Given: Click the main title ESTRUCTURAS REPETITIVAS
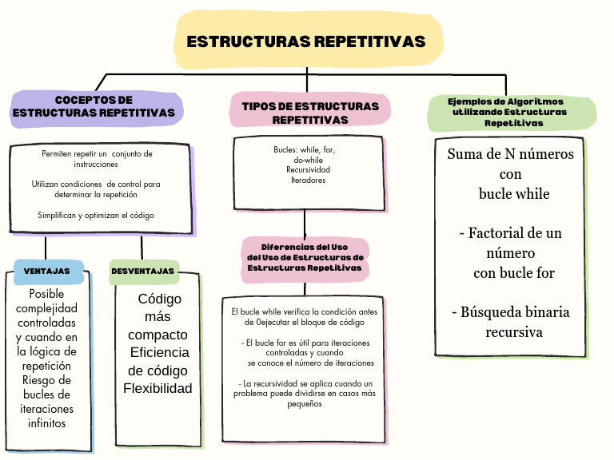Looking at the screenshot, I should (306, 42).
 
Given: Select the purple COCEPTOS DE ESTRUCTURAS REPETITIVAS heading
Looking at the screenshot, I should (94, 107).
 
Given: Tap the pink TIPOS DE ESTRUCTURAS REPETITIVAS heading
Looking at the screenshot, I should (310, 113).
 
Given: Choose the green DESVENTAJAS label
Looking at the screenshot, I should (143, 272).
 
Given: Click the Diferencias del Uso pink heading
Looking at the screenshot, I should (305, 257).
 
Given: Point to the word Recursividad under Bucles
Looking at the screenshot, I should (308, 170).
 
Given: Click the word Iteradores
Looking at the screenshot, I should (308, 180).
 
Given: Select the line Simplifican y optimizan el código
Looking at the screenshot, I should (96, 215).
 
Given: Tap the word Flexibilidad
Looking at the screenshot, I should (157, 389).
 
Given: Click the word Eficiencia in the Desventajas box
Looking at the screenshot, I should (160, 352).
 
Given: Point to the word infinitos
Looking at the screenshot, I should (46, 423).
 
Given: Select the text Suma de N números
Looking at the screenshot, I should (510, 154).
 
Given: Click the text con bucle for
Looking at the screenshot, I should (513, 273).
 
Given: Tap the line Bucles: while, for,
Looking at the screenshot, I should (304, 150).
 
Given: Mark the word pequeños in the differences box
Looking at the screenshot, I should (305, 403).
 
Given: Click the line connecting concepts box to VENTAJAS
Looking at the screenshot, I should (46, 248).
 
